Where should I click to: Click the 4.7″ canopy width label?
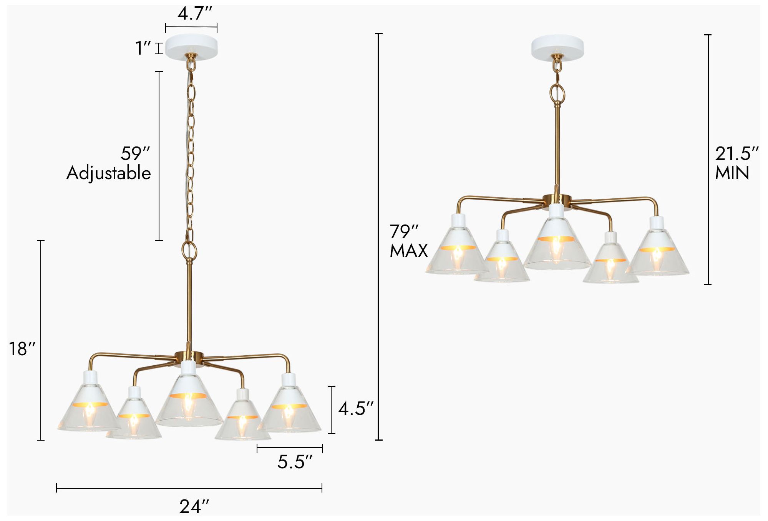pyautogui.click(x=195, y=14)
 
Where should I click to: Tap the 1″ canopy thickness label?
pyautogui.click(x=143, y=48)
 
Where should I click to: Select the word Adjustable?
pyautogui.click(x=109, y=173)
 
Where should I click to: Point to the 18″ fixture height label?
pyautogui.click(x=22, y=349)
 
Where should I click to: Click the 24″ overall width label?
pyautogui.click(x=194, y=507)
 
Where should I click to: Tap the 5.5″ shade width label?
pyautogui.click(x=295, y=462)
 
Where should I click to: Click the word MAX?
pyautogui.click(x=409, y=251)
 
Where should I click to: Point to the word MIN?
pyautogui.click(x=732, y=173)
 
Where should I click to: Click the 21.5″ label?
pyautogui.click(x=736, y=154)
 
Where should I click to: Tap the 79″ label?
pyautogui.click(x=404, y=232)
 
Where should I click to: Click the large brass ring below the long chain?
pyautogui.click(x=189, y=250)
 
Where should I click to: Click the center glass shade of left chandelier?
pyautogui.click(x=189, y=404)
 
